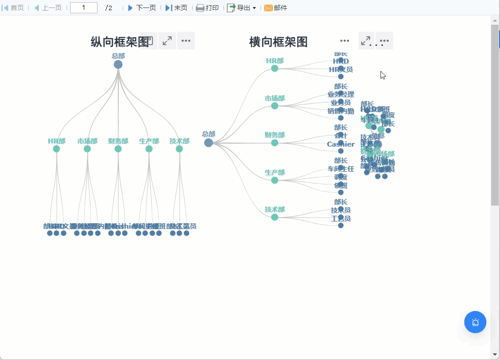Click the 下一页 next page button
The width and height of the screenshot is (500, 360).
[142, 8]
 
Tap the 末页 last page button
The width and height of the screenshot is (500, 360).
[176, 8]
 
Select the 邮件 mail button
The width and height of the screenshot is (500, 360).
[276, 8]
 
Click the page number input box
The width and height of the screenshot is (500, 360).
[84, 8]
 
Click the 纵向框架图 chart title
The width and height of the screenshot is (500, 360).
[119, 42]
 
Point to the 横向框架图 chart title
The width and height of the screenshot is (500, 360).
[278, 42]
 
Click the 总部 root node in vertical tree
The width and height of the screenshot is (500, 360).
[118, 64]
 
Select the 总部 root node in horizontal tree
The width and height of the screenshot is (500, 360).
[209, 142]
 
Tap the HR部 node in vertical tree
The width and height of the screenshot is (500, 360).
[56, 149]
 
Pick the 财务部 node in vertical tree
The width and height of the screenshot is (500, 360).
[118, 149]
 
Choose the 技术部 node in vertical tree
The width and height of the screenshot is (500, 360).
[179, 149]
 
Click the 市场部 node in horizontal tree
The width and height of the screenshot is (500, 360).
[275, 106]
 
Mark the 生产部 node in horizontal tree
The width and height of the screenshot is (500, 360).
[275, 180]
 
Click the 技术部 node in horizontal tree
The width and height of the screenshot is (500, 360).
[275, 217]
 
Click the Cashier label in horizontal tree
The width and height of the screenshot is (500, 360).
[341, 144]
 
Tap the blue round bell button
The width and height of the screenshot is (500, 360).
[475, 322]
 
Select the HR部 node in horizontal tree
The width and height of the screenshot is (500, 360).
[275, 68]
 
